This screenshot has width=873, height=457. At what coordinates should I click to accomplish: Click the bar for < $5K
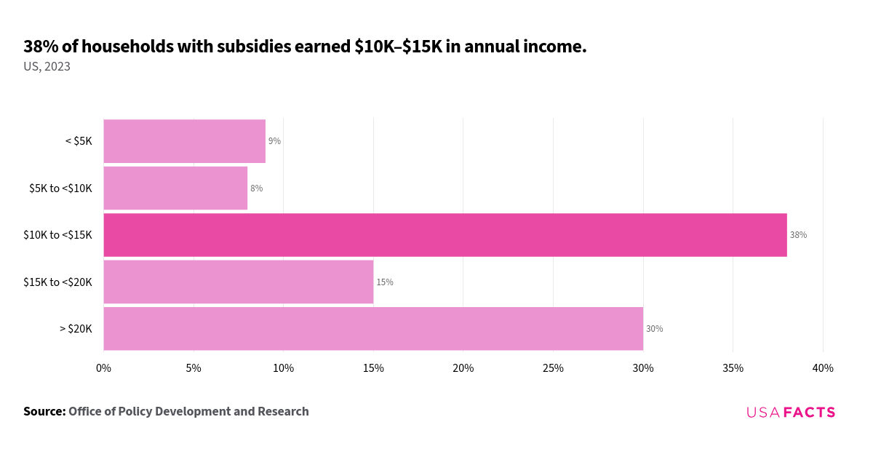pyautogui.click(x=184, y=141)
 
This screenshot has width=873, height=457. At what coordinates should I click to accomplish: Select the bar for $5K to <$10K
pyautogui.click(x=175, y=188)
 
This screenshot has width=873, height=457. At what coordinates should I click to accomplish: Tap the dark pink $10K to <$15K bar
pyautogui.click(x=445, y=235)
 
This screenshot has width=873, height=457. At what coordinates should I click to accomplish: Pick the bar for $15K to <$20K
pyautogui.click(x=238, y=282)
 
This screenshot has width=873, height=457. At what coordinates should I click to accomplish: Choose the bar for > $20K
pyautogui.click(x=372, y=329)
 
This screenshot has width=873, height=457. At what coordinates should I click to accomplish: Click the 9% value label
pyautogui.click(x=274, y=141)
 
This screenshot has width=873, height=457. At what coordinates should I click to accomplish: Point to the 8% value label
pyautogui.click(x=256, y=188)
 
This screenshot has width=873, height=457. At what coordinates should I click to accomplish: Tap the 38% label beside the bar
pyautogui.click(x=798, y=235)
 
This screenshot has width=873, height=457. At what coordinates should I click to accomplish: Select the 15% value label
pyautogui.click(x=384, y=282)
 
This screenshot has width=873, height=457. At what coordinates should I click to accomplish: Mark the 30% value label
pyautogui.click(x=654, y=329)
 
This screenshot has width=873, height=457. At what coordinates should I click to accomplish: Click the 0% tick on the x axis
pyautogui.click(x=103, y=368)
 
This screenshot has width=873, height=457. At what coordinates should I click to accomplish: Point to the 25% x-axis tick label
pyautogui.click(x=553, y=368)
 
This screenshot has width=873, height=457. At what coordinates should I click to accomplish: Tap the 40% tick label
pyautogui.click(x=822, y=368)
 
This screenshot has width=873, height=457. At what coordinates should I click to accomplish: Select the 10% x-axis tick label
pyautogui.click(x=283, y=368)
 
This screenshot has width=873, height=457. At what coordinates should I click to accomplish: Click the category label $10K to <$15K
pyautogui.click(x=57, y=235)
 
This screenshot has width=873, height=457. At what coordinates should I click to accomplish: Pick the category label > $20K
pyautogui.click(x=76, y=329)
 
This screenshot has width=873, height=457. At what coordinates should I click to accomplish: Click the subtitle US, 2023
pyautogui.click(x=47, y=67)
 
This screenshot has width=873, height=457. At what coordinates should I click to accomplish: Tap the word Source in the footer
pyautogui.click(x=44, y=412)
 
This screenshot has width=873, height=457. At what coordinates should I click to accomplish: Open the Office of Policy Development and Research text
pyautogui.click(x=188, y=412)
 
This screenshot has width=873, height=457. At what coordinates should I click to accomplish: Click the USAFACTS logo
pyautogui.click(x=791, y=413)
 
